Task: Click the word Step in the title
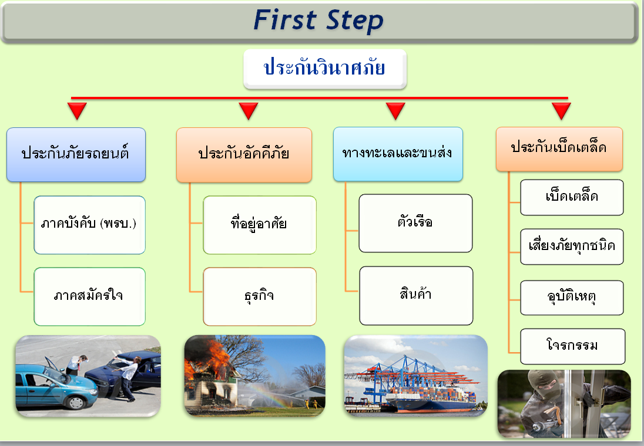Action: (355, 21)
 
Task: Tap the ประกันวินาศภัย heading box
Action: (325, 69)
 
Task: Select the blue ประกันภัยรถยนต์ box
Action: (76, 154)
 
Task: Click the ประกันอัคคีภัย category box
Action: (244, 155)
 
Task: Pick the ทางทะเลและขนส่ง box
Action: (398, 154)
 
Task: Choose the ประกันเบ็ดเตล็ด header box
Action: (559, 149)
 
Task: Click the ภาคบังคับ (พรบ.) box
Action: (89, 225)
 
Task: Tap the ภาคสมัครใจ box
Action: (89, 296)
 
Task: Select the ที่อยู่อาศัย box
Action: (260, 225)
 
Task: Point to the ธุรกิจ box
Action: (260, 296)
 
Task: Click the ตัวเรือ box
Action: (415, 223)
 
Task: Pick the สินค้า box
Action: (416, 295)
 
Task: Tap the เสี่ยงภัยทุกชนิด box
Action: (572, 246)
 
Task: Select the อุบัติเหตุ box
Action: (572, 298)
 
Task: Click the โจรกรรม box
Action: (572, 346)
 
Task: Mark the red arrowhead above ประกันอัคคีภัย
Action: (249, 111)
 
